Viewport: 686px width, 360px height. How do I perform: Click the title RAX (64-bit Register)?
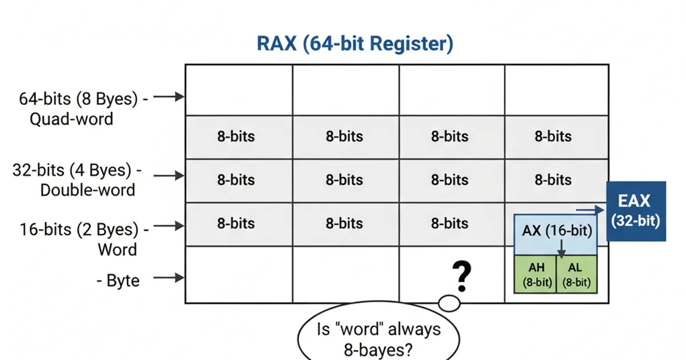[x=354, y=44]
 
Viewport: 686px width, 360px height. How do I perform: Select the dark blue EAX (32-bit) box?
[x=635, y=211]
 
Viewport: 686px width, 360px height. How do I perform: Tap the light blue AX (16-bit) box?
[x=556, y=231]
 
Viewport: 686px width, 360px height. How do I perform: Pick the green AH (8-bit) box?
[x=536, y=274]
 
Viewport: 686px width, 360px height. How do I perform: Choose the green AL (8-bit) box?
[x=577, y=274]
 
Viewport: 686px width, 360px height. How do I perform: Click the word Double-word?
[x=87, y=190]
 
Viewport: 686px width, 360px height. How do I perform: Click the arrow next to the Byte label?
[x=169, y=278]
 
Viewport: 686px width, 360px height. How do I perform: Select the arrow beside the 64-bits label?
[x=169, y=97]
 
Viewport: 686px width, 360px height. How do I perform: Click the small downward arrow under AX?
[x=561, y=247]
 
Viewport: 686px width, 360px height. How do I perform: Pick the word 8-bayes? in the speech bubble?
[x=378, y=350]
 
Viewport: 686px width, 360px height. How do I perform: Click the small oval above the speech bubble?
[x=449, y=304]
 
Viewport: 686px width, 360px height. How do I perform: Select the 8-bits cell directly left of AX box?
[x=449, y=223]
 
